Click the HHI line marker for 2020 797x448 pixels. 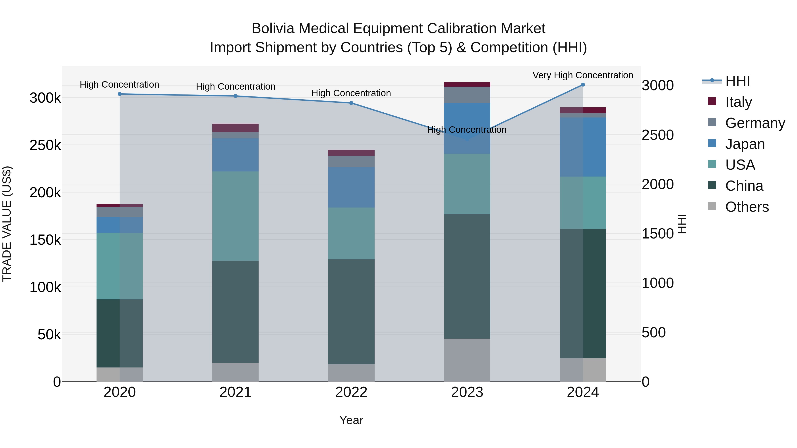pyautogui.click(x=120, y=94)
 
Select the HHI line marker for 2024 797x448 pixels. pyautogui.click(x=583, y=85)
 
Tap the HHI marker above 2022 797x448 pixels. pyautogui.click(x=351, y=103)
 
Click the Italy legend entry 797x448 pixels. pyautogui.click(x=738, y=102)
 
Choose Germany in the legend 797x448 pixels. pyautogui.click(x=755, y=123)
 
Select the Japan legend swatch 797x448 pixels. pyautogui.click(x=712, y=143)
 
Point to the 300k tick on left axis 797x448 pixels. pyautogui.click(x=45, y=98)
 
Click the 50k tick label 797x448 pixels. pyautogui.click(x=49, y=335)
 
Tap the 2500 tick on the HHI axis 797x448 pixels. pyautogui.click(x=658, y=135)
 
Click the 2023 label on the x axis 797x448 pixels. pyautogui.click(x=467, y=392)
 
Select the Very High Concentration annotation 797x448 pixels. pyautogui.click(x=583, y=75)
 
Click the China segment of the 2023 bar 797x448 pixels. pyautogui.click(x=467, y=276)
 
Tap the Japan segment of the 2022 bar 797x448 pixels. pyautogui.click(x=351, y=187)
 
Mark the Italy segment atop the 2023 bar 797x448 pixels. pyautogui.click(x=467, y=85)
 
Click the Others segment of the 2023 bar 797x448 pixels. pyautogui.click(x=467, y=360)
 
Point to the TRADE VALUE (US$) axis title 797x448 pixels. pyautogui.click(x=7, y=224)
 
